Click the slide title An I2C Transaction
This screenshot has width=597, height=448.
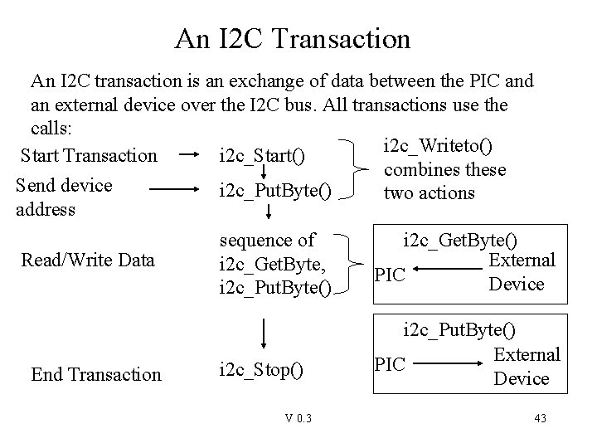pos(293,38)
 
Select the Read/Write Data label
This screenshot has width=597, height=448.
pos(88,260)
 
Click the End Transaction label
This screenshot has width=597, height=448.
pos(96,374)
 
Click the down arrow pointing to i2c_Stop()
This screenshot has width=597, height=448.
pos(263,334)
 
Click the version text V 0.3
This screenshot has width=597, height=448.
pos(297,418)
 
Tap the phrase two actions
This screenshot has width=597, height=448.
pos(429,192)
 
